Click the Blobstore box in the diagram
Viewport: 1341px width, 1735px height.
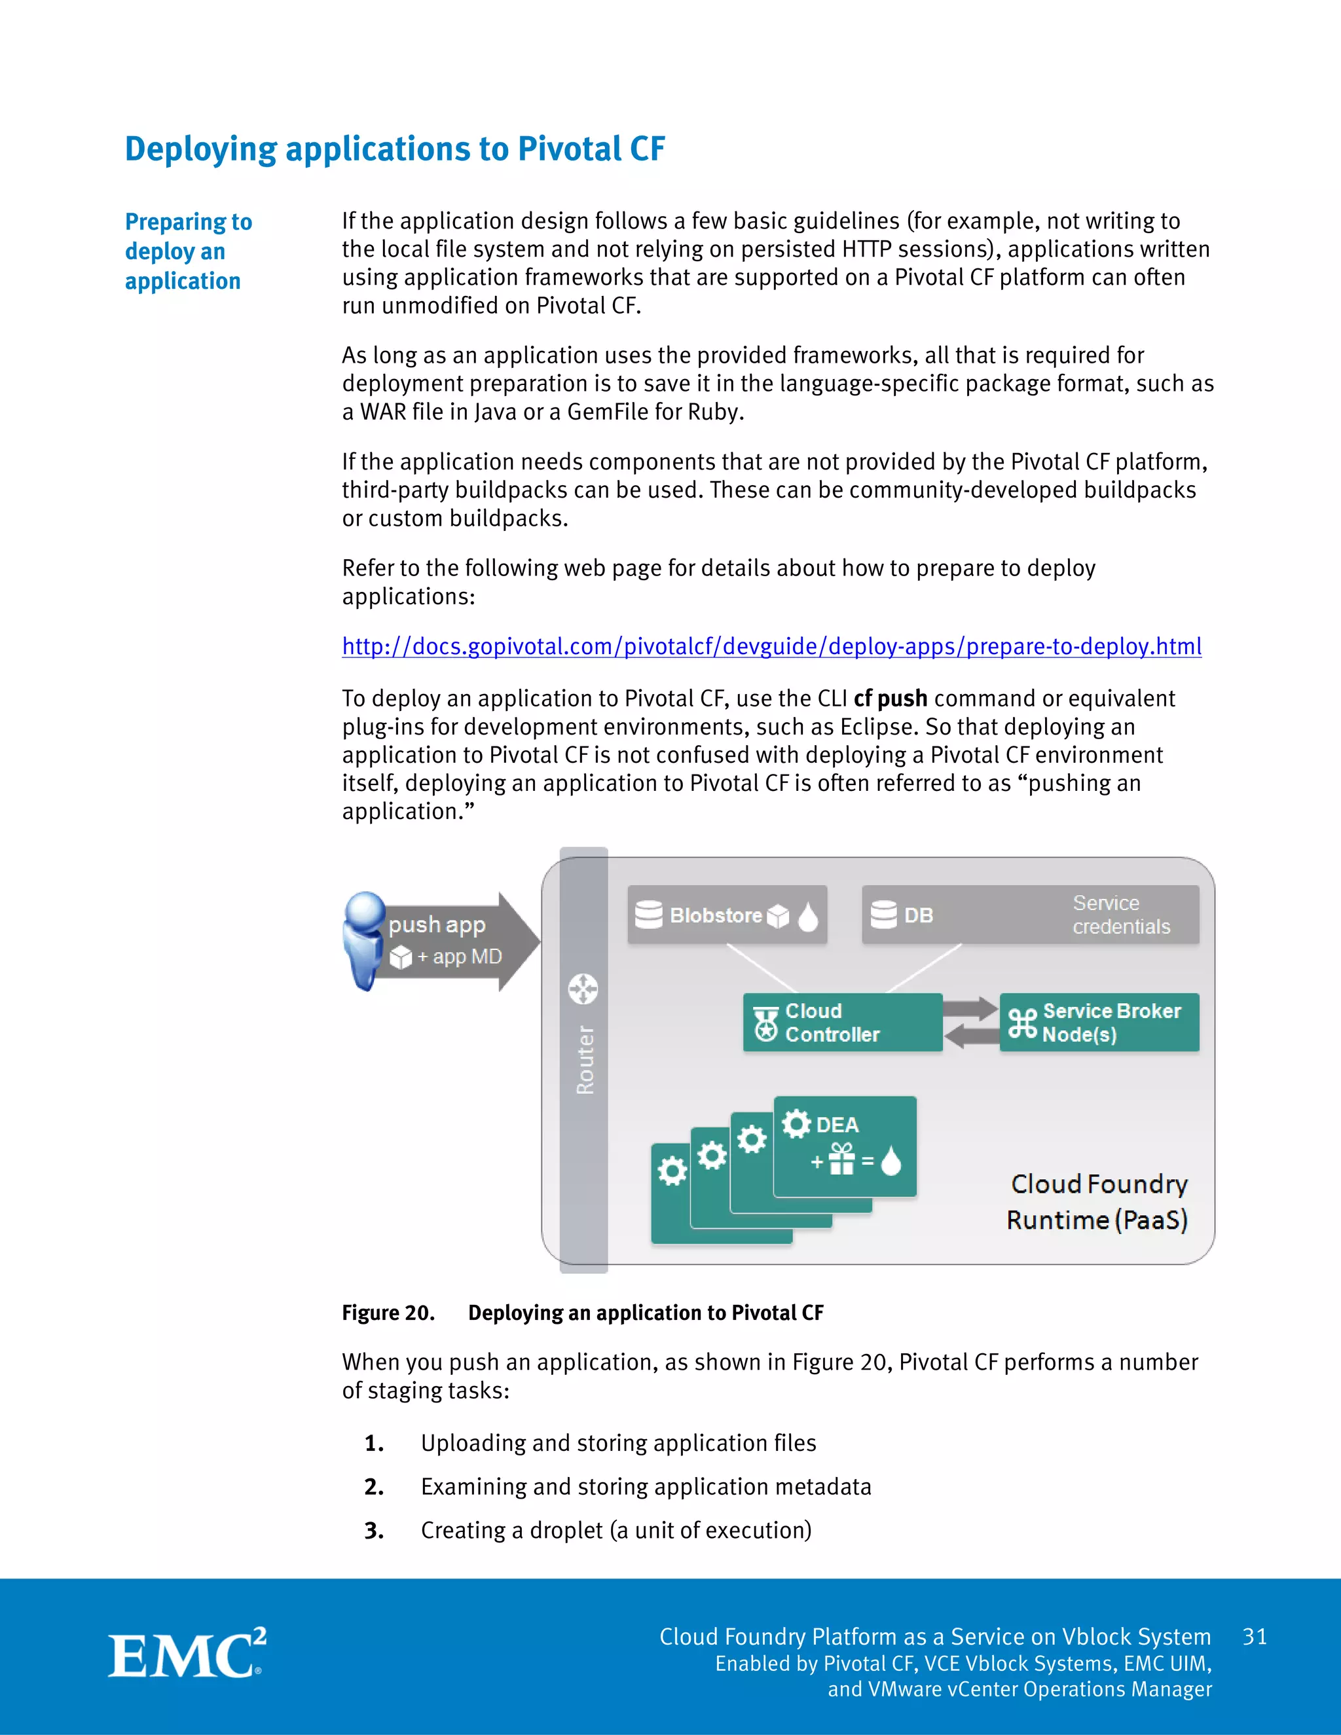click(x=727, y=915)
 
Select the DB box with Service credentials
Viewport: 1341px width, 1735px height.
click(x=1029, y=915)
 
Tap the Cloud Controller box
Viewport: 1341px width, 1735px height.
click(x=842, y=1023)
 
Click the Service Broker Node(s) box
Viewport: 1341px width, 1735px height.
click(x=1099, y=1023)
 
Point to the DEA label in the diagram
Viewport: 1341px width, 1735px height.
click(x=837, y=1125)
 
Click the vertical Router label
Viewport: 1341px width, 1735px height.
click(x=585, y=1060)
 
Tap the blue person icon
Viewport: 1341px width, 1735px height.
click(x=364, y=941)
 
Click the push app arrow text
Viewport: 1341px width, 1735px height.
click(x=437, y=924)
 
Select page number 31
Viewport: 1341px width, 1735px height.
click(x=1255, y=1637)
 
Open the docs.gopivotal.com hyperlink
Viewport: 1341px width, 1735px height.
click(x=771, y=647)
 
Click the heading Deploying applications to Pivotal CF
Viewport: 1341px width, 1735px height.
click(x=395, y=149)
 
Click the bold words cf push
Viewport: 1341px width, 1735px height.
click(x=891, y=699)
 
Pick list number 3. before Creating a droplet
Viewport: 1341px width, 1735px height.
click(x=374, y=1531)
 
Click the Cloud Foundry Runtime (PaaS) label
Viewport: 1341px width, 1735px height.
click(x=1098, y=1202)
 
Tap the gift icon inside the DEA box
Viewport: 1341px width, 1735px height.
click(x=841, y=1159)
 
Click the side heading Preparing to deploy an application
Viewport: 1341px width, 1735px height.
click(x=189, y=251)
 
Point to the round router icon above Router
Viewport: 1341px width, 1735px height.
click(x=583, y=989)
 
